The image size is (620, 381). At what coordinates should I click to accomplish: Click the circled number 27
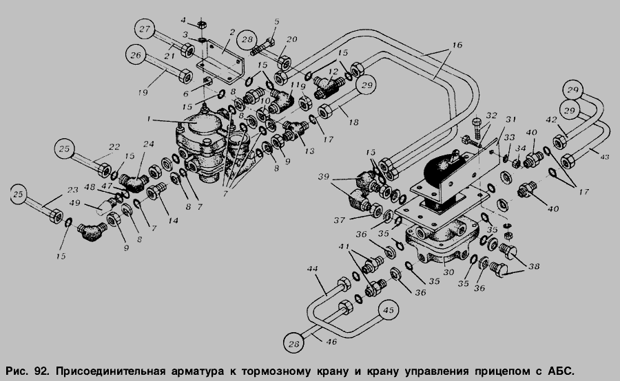[145, 31]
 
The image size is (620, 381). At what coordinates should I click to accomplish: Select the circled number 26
[136, 54]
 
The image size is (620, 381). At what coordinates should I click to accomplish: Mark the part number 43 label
[604, 157]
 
